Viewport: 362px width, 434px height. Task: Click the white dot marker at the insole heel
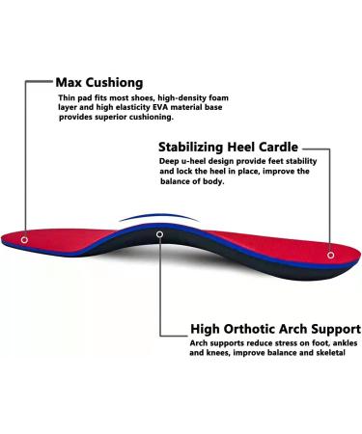331,256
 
